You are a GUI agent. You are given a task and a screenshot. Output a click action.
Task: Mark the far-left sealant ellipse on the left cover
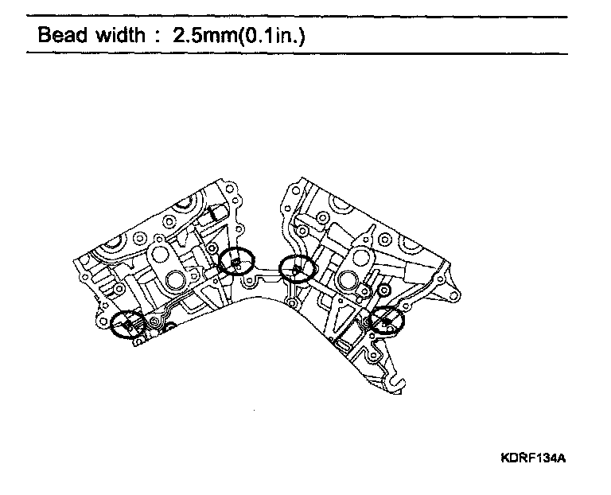click(x=128, y=323)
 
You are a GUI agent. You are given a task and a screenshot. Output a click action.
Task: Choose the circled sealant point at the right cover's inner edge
click(x=298, y=271)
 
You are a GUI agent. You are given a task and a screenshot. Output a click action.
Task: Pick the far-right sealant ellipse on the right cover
click(x=386, y=321)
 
